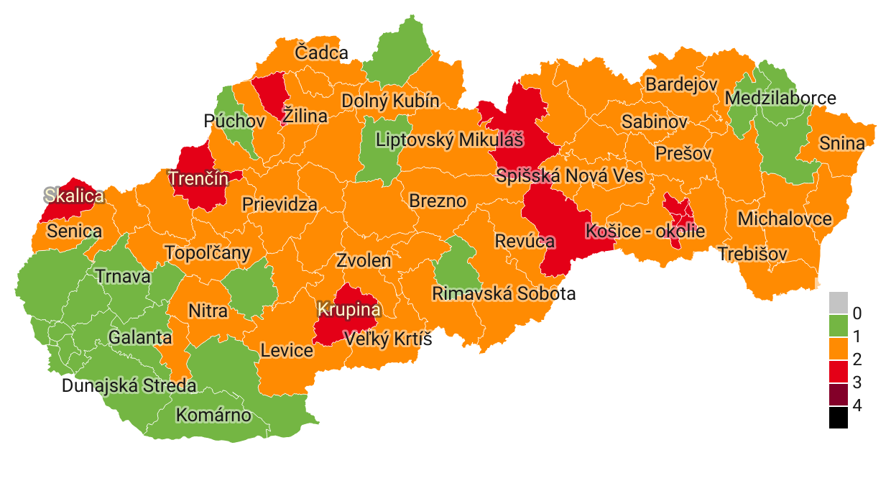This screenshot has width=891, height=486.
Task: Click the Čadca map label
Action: coord(321,52)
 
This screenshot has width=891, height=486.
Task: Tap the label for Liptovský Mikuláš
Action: coord(450,139)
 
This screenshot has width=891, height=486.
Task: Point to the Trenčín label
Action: coord(198,179)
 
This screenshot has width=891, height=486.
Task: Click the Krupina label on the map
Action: coord(348,309)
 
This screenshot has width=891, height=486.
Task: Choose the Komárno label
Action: coord(214,415)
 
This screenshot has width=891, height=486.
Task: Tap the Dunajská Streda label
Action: coord(129,385)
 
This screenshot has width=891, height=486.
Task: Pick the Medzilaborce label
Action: coord(780,98)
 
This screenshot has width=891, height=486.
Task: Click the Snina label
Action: coord(842,143)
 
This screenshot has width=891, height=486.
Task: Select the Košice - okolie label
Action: coord(645,231)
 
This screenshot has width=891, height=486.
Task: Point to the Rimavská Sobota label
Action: coord(504,293)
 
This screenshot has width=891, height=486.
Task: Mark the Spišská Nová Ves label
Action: coord(570,176)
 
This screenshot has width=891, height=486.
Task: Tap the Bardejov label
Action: coord(681,84)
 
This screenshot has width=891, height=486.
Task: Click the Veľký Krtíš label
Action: coord(388,338)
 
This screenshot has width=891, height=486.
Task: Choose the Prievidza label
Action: coord(280,204)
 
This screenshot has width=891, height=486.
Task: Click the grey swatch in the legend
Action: coord(838,302)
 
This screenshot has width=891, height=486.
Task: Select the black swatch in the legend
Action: coord(838,418)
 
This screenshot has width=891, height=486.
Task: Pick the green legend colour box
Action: coord(838,325)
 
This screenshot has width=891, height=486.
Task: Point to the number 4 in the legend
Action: coord(857,405)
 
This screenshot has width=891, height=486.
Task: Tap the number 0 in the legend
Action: coord(857,313)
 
